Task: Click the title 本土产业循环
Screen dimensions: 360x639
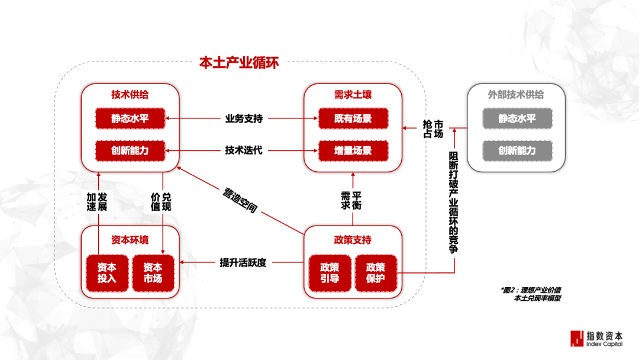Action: pos(239,63)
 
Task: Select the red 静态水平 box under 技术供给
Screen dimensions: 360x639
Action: pos(130,118)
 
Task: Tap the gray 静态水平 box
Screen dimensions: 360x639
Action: pos(517,118)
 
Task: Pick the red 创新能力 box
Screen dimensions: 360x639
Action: pos(130,150)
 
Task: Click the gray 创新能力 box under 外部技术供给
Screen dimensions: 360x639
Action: pos(517,150)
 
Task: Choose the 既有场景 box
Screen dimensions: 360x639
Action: pos(353,118)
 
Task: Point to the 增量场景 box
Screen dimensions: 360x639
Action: pos(353,150)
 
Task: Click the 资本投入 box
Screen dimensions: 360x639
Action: pos(106,273)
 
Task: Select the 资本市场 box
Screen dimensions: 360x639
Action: pos(153,273)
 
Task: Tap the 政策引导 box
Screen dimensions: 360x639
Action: pos(330,273)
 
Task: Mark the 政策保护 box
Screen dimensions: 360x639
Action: pos(376,273)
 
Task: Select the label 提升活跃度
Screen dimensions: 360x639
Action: pos(243,262)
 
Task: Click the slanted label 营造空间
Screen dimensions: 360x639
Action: pos(240,201)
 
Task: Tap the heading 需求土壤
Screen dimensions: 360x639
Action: pos(353,95)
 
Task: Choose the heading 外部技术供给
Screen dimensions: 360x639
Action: pos(516,95)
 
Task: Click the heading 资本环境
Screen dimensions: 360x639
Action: pos(130,240)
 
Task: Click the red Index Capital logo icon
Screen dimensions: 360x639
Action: pos(576,338)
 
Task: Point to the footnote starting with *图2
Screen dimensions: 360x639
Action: pos(531,294)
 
